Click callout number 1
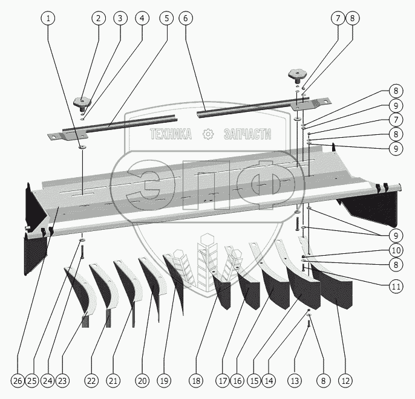pos(50,18)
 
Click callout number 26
pos(17,381)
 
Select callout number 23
pos(63,381)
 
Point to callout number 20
pos(142,381)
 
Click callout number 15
pos(254,381)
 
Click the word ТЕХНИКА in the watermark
pos(171,134)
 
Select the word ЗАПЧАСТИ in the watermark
pos(247,134)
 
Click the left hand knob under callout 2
pos(81,100)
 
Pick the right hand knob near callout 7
pos(295,76)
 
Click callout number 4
pos(142,18)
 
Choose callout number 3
pos(120,18)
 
